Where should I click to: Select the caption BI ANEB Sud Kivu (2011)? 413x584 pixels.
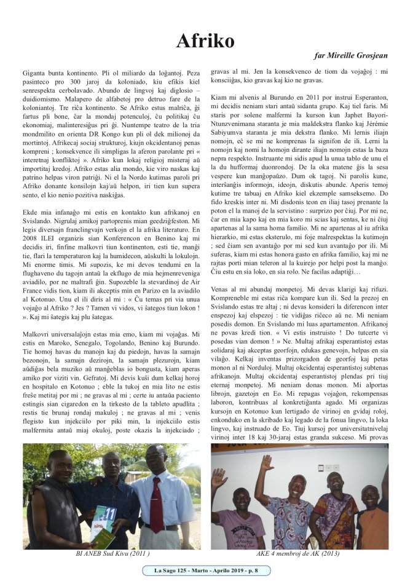click(112, 554)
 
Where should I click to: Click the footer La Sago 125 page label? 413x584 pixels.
click(206, 571)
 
